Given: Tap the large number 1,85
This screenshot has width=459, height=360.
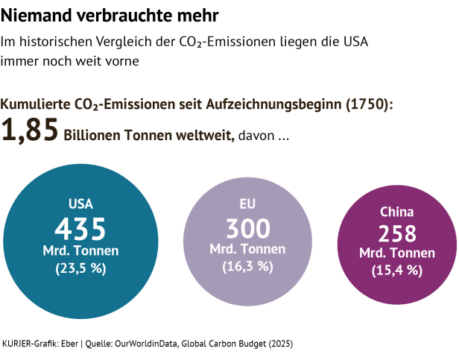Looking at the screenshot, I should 30,131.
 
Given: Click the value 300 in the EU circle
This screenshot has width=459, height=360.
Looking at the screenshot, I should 247,228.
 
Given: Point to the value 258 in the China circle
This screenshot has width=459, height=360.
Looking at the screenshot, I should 397,233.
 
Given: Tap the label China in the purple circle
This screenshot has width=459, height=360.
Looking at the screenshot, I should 397,212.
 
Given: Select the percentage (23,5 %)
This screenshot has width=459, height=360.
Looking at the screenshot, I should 80,269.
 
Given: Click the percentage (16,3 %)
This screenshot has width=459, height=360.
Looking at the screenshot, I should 247,266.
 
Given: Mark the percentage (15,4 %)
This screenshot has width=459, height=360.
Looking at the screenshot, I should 397,271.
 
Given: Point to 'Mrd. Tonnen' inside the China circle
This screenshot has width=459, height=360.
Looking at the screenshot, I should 397,253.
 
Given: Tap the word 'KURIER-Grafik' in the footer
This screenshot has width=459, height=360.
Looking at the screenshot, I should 28,344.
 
